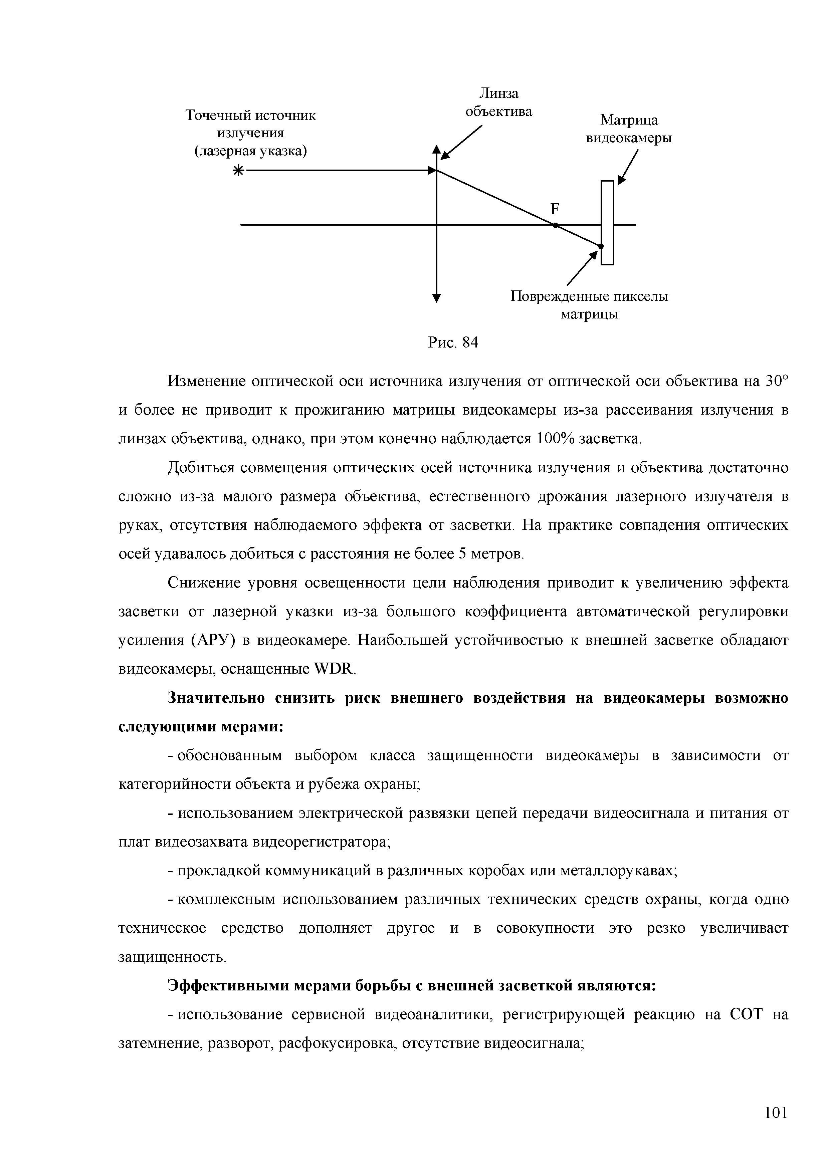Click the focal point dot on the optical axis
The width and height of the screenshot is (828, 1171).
(555, 225)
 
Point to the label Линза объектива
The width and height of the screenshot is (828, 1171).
(498, 102)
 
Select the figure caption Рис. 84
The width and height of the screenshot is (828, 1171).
(452, 343)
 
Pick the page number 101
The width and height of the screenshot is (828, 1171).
(776, 1112)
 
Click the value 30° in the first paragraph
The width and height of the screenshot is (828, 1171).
(777, 381)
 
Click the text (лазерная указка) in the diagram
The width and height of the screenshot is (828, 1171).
(250, 151)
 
